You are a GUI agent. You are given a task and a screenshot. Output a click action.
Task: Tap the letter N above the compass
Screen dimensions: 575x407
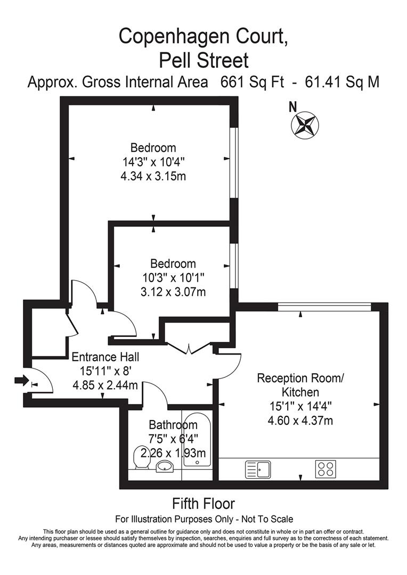[x=292, y=106]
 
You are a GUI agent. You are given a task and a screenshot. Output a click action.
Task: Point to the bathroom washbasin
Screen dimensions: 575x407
[x=165, y=467]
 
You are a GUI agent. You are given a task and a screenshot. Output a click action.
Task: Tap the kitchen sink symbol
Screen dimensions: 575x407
[x=258, y=470]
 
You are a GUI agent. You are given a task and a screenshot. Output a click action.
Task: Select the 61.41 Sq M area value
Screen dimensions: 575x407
[x=341, y=83]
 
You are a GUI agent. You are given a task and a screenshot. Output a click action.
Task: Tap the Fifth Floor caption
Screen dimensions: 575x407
[x=203, y=503]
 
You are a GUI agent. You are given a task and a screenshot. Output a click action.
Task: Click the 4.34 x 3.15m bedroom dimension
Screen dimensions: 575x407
[x=153, y=176]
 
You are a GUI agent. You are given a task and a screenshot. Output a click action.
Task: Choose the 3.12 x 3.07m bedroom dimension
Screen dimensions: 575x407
[x=172, y=292]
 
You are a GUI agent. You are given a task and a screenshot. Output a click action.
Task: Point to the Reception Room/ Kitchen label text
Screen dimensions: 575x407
[x=301, y=385]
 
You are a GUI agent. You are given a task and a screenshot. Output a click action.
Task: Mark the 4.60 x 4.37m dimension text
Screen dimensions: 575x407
[x=301, y=421]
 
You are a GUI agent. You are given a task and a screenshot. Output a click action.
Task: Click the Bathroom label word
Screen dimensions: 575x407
[x=173, y=425]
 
